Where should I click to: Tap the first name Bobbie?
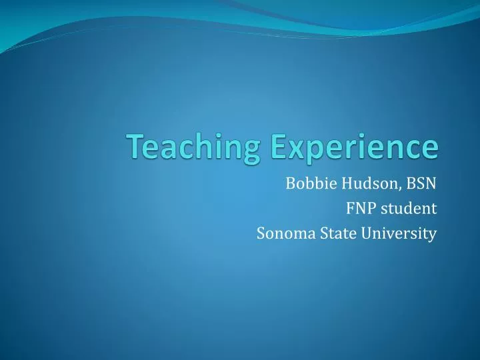click(305, 183)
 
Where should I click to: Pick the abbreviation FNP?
click(360, 209)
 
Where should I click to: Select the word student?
click(409, 209)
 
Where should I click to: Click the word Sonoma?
click(281, 233)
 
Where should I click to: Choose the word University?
click(397, 233)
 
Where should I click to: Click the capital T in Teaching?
click(137, 146)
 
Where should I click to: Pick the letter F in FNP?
click(350, 209)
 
